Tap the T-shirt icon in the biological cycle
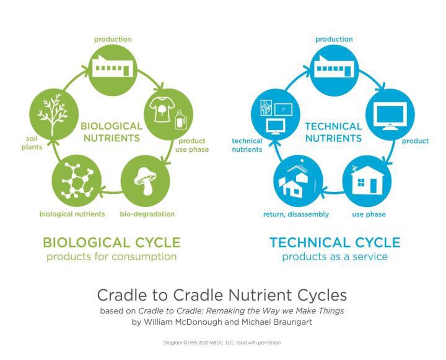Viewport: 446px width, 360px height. pos(161,109)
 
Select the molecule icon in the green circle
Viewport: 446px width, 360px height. pos(77,180)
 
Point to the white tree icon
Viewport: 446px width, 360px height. pos(53,115)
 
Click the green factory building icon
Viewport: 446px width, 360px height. pos(113,66)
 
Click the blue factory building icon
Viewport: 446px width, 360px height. pos(334,66)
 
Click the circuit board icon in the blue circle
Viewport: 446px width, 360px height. pos(266,107)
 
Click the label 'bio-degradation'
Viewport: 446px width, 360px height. pos(147,214)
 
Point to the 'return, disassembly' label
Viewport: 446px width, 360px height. pos(296,214)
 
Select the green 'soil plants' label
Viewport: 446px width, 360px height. pos(32,143)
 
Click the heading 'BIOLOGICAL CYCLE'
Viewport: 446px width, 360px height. pos(112,242)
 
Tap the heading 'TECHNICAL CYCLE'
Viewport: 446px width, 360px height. pos(335,242)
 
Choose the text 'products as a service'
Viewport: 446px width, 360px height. pos(335,257)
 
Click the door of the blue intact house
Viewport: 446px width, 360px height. pos(373,186)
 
